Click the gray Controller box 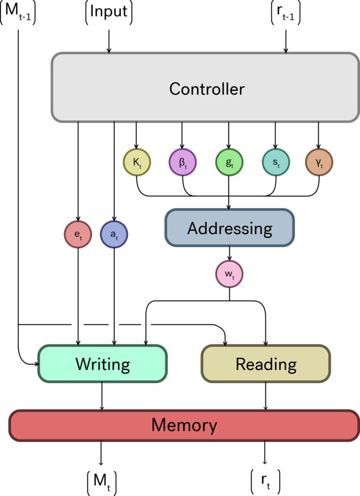coord(206,88)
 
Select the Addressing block coord(229,228)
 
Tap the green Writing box coord(103,363)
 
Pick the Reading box coord(266,364)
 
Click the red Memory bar coord(184,425)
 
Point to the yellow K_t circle coord(137,163)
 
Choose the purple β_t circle coord(182,163)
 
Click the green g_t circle coord(229,163)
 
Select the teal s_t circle coord(275,163)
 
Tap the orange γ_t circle coord(319,163)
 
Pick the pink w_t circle coord(229,272)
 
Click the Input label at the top coord(109,12)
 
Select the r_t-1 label coord(285,12)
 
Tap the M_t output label coord(101,481)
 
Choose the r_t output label coord(266,481)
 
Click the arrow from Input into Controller coord(109,41)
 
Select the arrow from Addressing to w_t coord(229,253)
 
